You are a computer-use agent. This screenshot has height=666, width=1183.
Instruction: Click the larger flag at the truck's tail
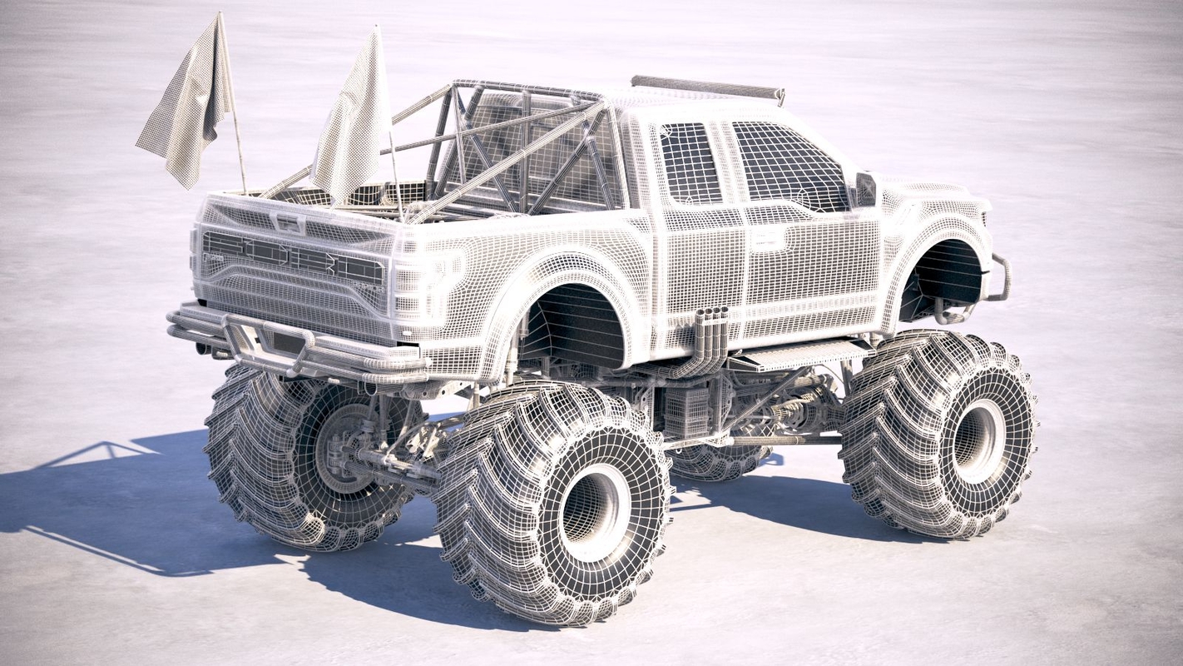pos(187,104)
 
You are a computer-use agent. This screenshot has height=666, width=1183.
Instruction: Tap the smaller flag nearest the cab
pos(354,125)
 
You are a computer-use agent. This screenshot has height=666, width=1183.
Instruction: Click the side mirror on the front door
pos(865,189)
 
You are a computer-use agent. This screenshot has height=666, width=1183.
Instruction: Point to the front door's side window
pos(786,166)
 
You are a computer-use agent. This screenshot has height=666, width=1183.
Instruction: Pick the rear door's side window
pos(690,163)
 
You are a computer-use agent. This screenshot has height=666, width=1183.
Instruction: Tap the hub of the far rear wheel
pos(341,445)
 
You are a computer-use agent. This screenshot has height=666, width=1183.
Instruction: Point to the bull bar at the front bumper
pos(998,279)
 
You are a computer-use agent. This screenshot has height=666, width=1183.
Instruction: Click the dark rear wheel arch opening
pos(574,329)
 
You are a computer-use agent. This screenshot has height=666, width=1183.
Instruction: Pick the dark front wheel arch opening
pos(944,279)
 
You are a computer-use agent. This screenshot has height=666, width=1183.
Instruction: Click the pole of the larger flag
pos(237,142)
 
